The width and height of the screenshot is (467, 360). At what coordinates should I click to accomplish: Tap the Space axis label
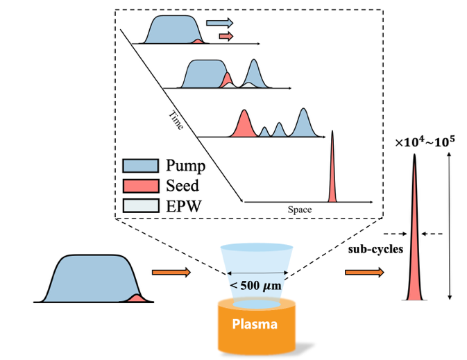tap(300, 208)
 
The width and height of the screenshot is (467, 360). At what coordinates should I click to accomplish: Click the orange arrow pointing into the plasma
tap(171, 273)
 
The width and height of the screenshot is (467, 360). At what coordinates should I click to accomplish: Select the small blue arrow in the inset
tap(221, 24)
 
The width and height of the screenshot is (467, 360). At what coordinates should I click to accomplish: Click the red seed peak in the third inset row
tap(244, 126)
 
